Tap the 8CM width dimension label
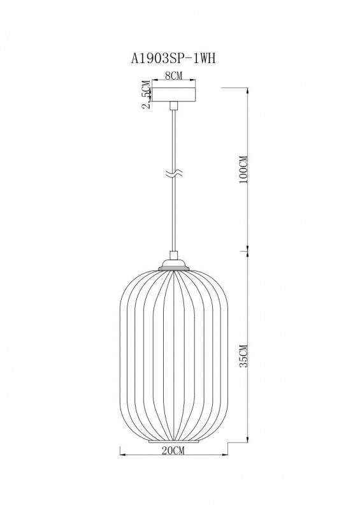pyautogui.click(x=173, y=75)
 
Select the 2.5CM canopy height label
pyautogui.click(x=147, y=95)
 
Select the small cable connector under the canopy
pyautogui.click(x=173, y=106)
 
